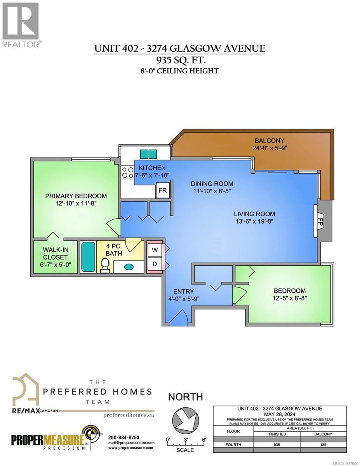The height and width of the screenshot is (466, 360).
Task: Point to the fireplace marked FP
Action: pos(320,222)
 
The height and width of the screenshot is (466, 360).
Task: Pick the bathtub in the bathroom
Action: pos(88,257)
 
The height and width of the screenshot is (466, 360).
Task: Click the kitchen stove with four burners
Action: pos(127,172)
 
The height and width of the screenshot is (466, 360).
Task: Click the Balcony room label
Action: pos(269,141)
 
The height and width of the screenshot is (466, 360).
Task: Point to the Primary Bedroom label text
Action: pos(76,196)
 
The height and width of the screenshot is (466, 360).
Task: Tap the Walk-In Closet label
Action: pos(55,254)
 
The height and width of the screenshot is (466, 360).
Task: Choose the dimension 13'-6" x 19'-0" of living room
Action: pos(254,221)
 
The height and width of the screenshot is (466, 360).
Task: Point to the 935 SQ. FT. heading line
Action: pos(180,60)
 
